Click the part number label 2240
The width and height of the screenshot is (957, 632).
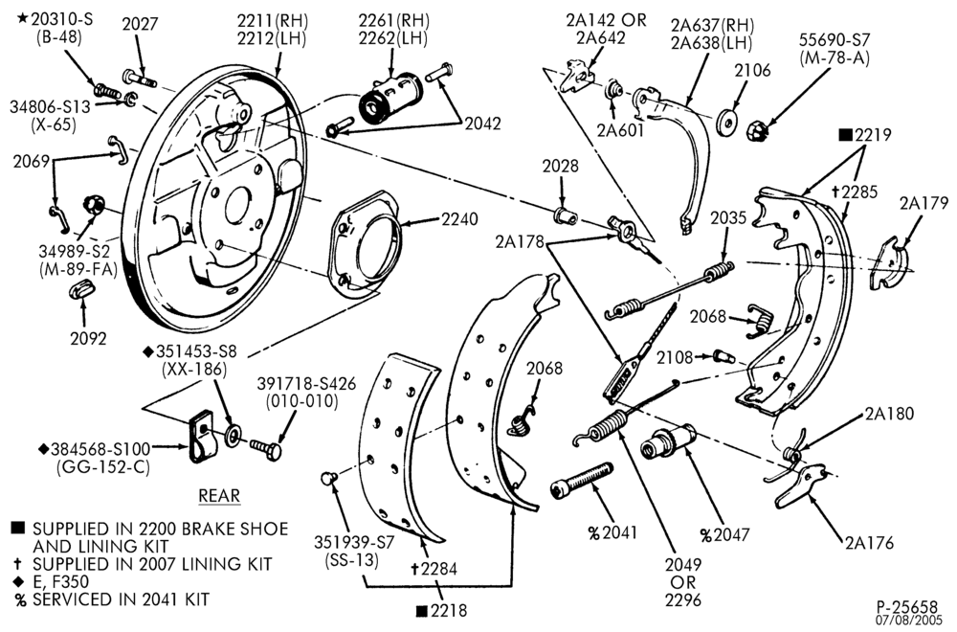(457, 218)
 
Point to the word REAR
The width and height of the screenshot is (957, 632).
(219, 495)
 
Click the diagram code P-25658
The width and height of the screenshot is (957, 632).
(907, 607)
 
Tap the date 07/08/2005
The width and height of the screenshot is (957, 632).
(911, 621)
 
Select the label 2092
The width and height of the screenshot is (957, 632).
(88, 338)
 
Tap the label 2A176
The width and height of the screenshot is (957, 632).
(869, 542)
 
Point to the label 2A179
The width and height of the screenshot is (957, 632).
(924, 203)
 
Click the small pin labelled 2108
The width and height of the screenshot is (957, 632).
(724, 356)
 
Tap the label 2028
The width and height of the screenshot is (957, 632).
(560, 166)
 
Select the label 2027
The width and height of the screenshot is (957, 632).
(140, 24)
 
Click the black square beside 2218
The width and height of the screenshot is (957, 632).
(421, 611)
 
